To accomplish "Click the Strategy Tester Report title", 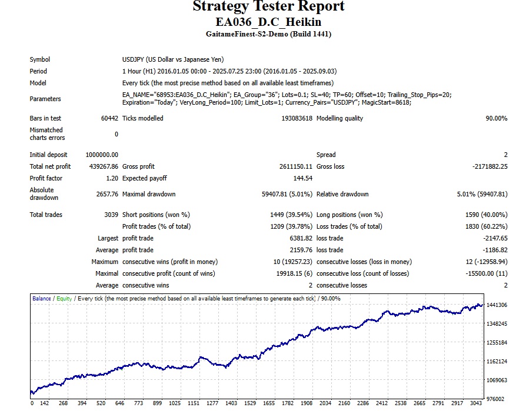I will pos(268,6).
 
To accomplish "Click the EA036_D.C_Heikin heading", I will pos(268,22).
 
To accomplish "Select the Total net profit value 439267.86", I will pos(102,166).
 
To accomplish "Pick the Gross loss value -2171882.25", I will pos(490,166).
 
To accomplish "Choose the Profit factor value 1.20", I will pos(112,178).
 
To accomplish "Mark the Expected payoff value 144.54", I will pos(302,178).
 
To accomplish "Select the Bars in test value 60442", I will pos(109,118).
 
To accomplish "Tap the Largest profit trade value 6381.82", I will pos(299,238).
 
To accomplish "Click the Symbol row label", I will pos(40,59).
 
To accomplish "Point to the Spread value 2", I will pos(505,155).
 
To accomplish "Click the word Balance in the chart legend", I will pos(41,299).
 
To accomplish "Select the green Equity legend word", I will pos(64,299).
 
